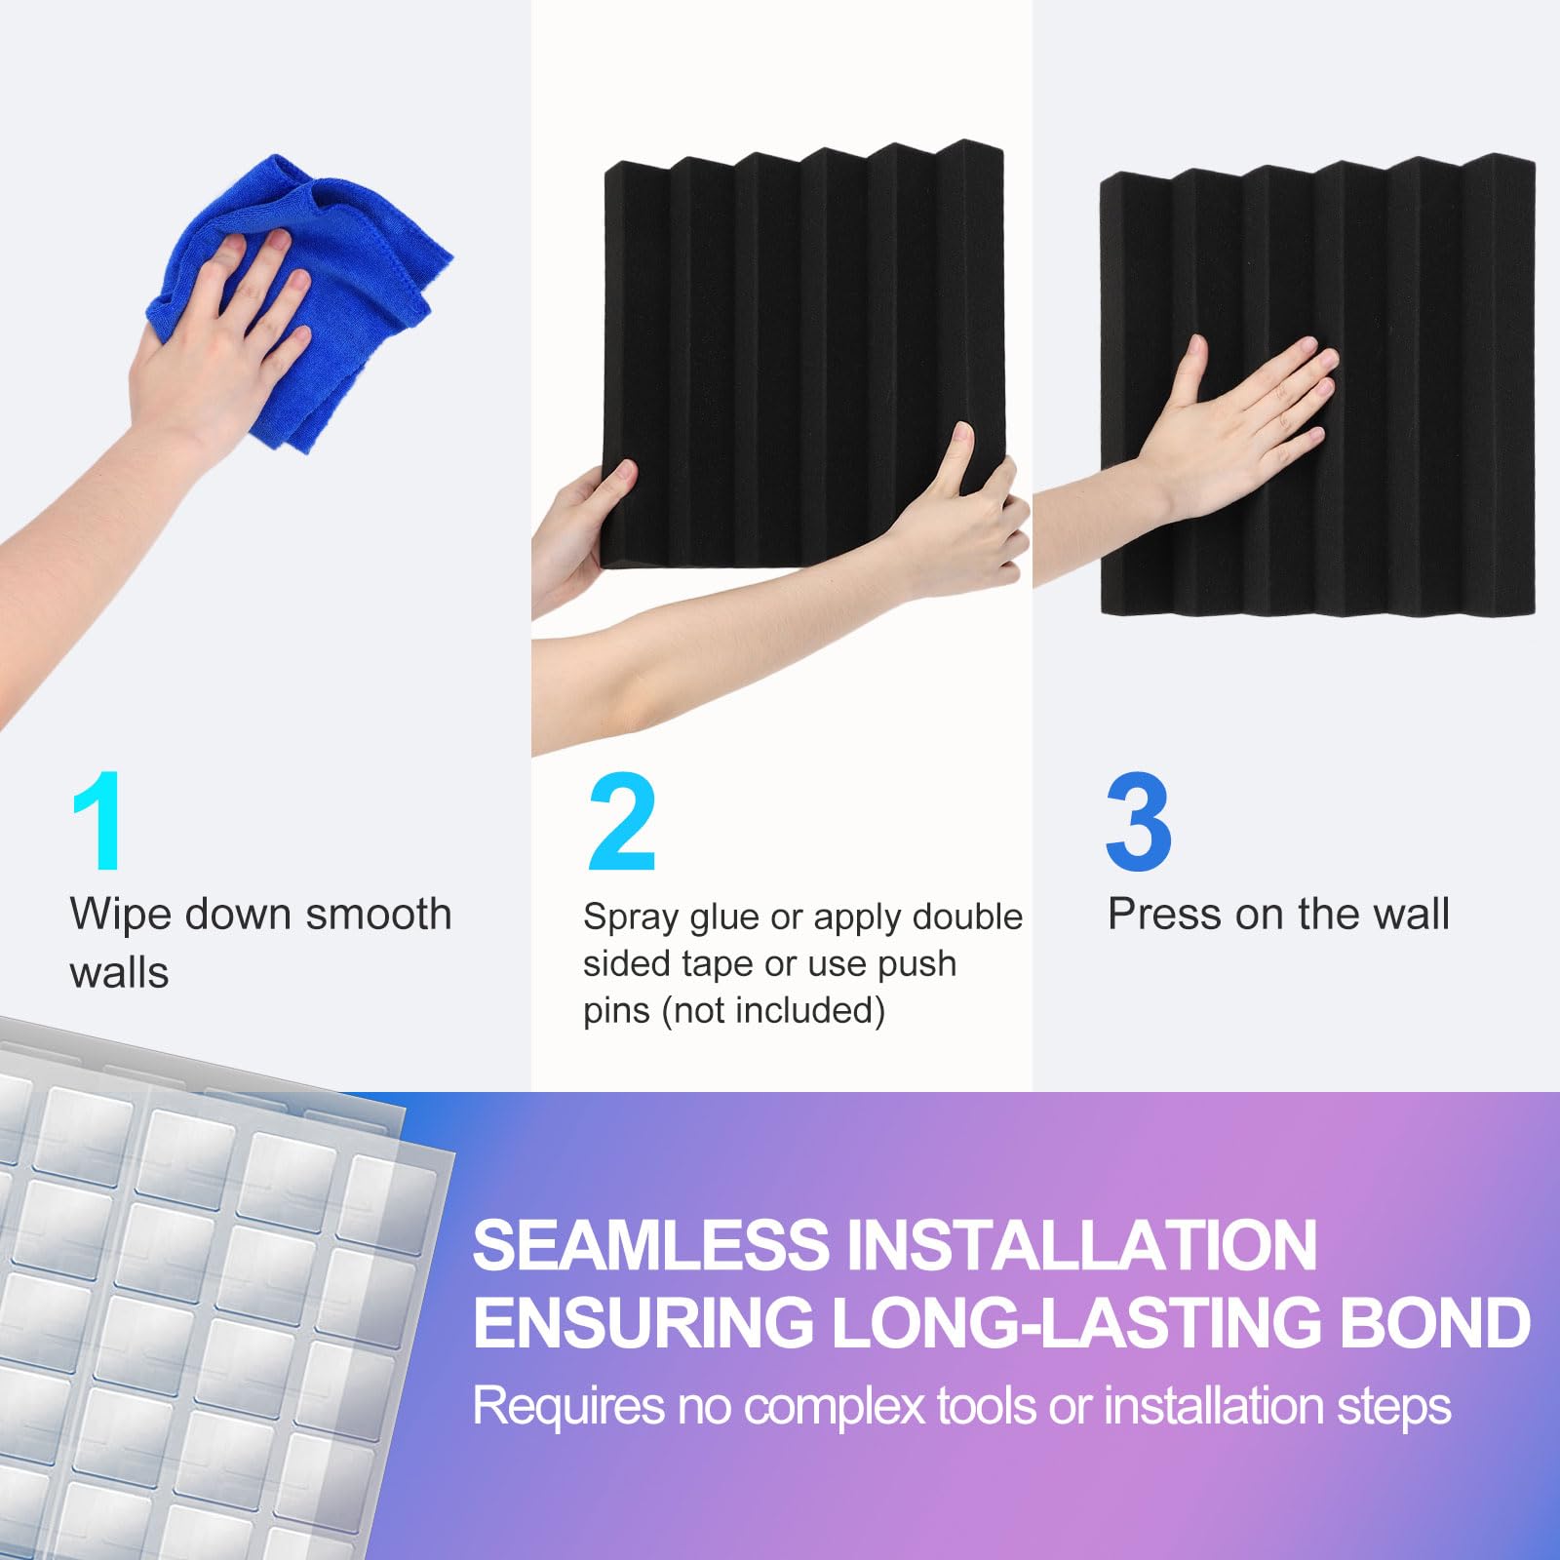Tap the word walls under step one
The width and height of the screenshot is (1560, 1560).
pyautogui.click(x=119, y=973)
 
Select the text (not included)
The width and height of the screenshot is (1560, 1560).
pyautogui.click(x=773, y=1010)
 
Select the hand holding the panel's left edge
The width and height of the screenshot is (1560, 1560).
pyautogui.click(x=585, y=526)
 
